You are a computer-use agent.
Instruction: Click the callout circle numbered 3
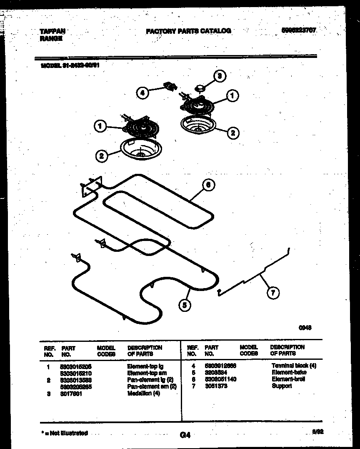pos(220,76)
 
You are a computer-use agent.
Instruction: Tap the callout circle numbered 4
pos(143,93)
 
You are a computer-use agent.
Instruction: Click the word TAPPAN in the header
pos(52,31)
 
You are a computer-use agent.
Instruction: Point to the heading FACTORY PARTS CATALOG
pos(188,31)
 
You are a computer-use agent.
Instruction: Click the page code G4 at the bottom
pos(185,435)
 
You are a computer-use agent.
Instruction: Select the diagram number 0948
pos(305,328)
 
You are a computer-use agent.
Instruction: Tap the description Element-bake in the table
pos(289,372)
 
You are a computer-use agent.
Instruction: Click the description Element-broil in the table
pos(288,379)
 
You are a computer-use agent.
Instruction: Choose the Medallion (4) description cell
pos(143,394)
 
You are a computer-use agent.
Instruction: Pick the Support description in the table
pos(282,386)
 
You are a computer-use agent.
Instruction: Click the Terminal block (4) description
pos(294,366)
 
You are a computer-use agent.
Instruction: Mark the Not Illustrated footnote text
pos(65,433)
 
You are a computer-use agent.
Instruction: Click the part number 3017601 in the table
pos(72,394)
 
